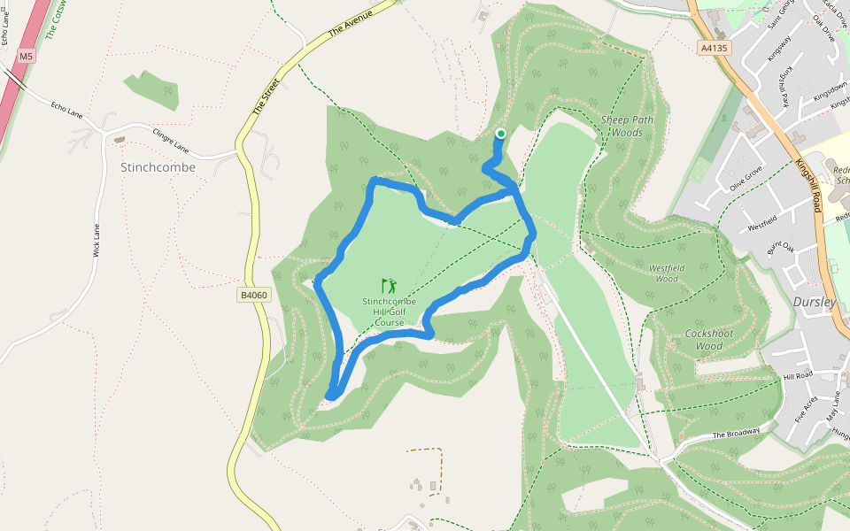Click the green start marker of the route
[x=500, y=134]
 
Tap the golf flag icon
[x=389, y=286]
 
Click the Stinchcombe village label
[x=158, y=167]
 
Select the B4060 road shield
[x=253, y=295]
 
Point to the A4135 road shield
[x=713, y=49]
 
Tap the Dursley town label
[x=815, y=302]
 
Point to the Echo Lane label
[x=66, y=108]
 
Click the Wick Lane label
[x=97, y=240]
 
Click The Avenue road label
[x=352, y=19]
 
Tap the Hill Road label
[x=797, y=376]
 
